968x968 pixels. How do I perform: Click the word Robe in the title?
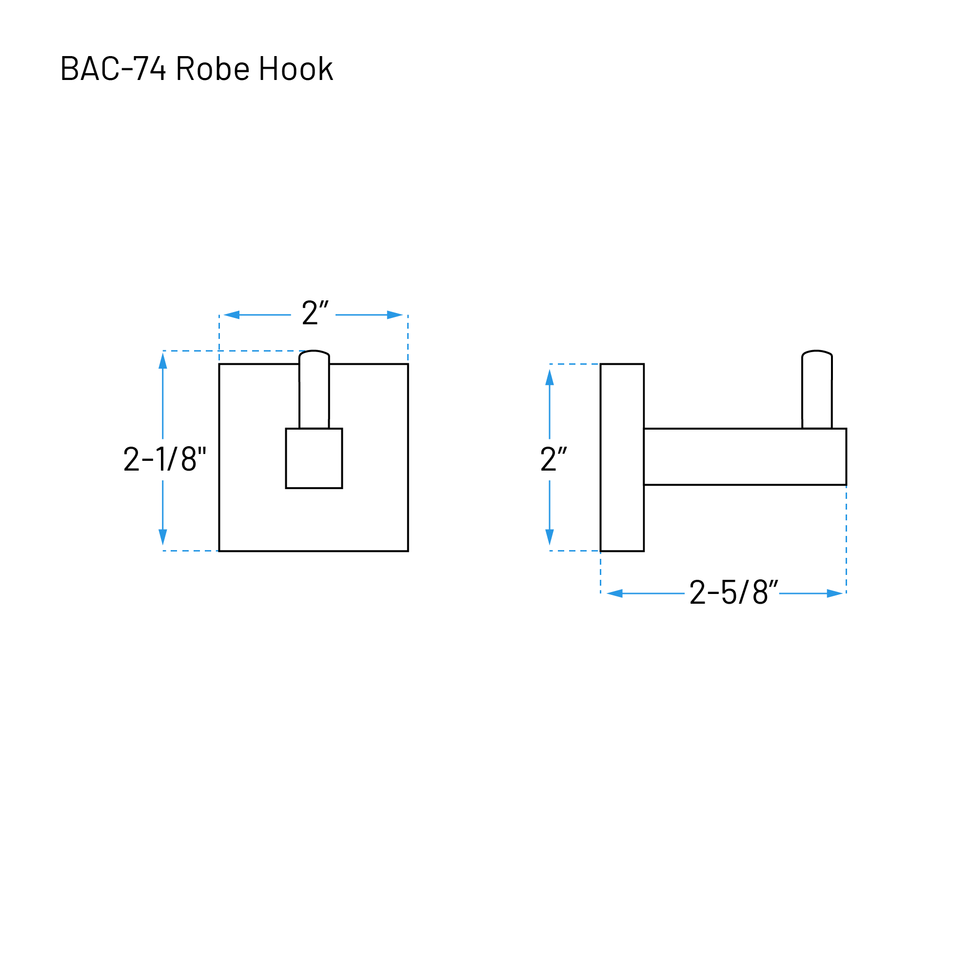coord(213,68)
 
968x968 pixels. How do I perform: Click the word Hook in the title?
coord(296,68)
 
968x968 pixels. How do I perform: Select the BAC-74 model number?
coord(113,68)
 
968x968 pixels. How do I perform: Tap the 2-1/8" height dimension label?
coord(165,459)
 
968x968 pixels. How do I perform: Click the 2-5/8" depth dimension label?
coord(733,592)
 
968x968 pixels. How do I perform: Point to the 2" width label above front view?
coord(315,312)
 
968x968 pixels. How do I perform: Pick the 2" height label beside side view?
coord(553,459)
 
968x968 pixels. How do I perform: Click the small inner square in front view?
coord(314,458)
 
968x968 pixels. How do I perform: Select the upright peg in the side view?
coord(817,389)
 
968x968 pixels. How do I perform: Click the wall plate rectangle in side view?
coord(622,457)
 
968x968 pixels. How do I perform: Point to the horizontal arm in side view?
coord(745,457)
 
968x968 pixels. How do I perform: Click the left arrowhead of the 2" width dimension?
coord(232,315)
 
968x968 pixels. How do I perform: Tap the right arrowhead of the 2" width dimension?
coord(395,315)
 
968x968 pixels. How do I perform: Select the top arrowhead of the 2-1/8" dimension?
coord(163,361)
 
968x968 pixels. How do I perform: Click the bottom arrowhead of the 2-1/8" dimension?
coord(163,537)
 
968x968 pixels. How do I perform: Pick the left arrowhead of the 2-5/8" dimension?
coord(615,594)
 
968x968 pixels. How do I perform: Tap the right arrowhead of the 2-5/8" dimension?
coord(835,594)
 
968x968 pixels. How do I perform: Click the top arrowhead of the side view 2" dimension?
coord(550,377)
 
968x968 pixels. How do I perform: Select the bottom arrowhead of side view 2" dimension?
coord(550,537)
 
